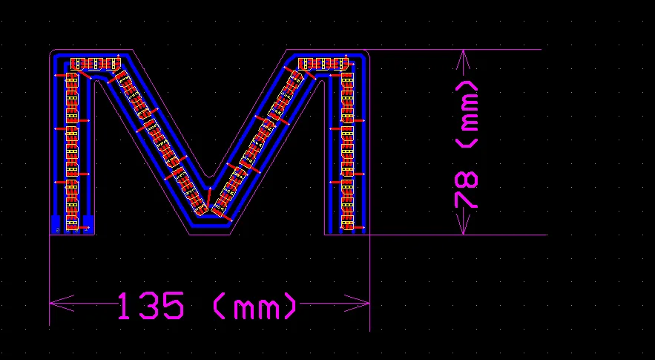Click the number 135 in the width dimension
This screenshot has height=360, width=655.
[150, 305]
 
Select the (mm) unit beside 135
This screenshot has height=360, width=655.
[254, 305]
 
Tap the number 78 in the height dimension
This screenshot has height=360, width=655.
[467, 191]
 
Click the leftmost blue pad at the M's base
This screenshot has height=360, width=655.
[55, 223]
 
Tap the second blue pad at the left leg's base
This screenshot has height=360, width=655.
[88, 223]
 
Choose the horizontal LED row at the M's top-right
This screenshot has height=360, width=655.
[323, 64]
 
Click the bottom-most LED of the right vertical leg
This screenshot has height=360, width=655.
[346, 222]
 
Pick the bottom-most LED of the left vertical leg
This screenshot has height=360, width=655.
[72, 221]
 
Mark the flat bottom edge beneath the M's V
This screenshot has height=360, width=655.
[210, 235]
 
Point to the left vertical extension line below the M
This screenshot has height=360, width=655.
[50, 282]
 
